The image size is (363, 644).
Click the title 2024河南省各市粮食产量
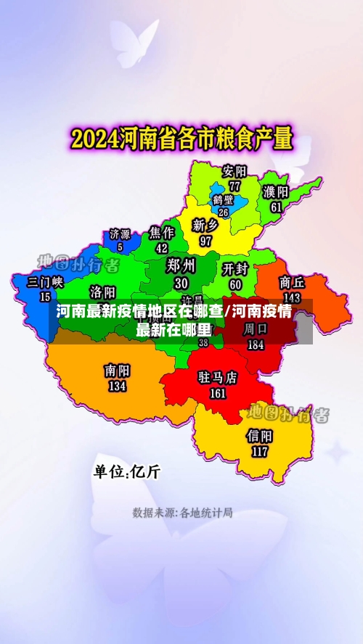(x=181, y=137)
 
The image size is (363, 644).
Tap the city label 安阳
(x=234, y=172)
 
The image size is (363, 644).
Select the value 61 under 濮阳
(x=276, y=207)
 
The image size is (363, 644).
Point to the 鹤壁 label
(x=224, y=199)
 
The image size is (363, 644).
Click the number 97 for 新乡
(x=206, y=240)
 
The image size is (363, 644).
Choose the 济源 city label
(x=120, y=234)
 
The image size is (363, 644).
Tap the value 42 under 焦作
(x=162, y=247)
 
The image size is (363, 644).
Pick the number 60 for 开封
(x=235, y=284)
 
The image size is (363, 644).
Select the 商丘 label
(x=291, y=282)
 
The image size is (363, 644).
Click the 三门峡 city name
(x=45, y=282)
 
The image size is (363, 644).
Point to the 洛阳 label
(x=102, y=292)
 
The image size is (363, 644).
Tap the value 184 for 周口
(x=255, y=345)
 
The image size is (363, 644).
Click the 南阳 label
(x=117, y=371)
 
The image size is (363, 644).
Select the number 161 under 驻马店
(x=218, y=394)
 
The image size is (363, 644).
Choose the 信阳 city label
(x=259, y=436)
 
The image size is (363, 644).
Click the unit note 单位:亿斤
(x=127, y=472)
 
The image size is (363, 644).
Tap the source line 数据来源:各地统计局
(x=182, y=513)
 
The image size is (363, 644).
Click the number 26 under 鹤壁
(x=224, y=212)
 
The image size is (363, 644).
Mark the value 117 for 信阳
(x=259, y=451)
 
